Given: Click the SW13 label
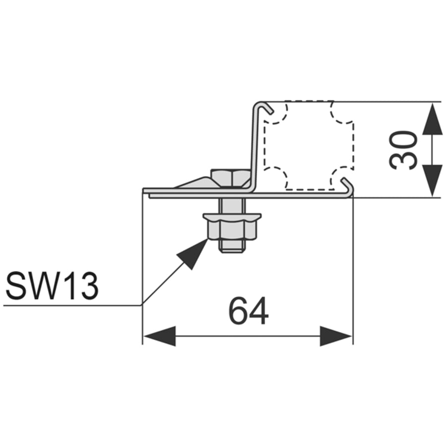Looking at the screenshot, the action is pyautogui.click(x=52, y=286).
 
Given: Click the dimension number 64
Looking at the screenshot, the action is pyautogui.click(x=248, y=311).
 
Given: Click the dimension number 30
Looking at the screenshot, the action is pyautogui.click(x=403, y=150).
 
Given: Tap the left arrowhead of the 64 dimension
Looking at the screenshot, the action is pyautogui.click(x=159, y=336).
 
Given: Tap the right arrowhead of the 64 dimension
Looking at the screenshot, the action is pyautogui.click(x=336, y=336).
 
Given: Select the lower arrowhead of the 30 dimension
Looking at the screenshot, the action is pyautogui.click(x=432, y=180).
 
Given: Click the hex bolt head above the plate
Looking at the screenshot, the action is pyautogui.click(x=230, y=178).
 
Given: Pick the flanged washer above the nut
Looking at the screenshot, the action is pyautogui.click(x=232, y=218).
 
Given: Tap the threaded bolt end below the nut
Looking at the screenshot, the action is pyautogui.click(x=232, y=246).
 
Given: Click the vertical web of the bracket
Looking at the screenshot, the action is pyautogui.click(x=254, y=148).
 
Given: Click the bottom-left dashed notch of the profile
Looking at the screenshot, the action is pyautogui.click(x=276, y=178).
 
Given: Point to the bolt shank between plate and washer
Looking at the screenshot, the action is pyautogui.click(x=232, y=205).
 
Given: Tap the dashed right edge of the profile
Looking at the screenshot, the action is pyautogui.click(x=354, y=145).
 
